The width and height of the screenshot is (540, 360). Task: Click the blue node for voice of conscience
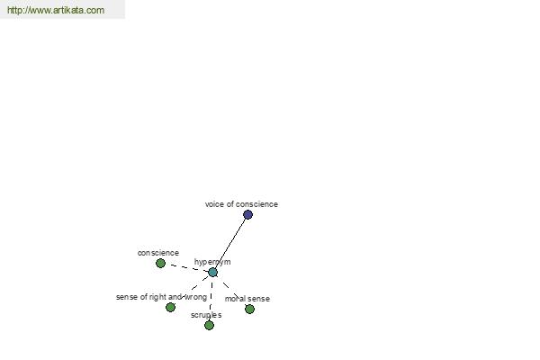[247, 214]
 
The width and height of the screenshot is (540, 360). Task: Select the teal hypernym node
[212, 273]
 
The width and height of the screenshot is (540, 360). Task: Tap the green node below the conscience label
[160, 263]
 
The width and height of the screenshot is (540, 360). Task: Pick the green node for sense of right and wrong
[170, 307]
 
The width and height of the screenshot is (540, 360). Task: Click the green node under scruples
[209, 325]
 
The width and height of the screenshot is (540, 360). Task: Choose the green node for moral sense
[249, 309]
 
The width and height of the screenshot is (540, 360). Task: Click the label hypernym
[212, 262]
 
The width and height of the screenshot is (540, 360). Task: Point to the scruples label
[206, 315]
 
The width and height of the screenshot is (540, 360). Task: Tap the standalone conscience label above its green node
[158, 253]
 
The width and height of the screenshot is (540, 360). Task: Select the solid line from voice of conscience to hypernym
[230, 244]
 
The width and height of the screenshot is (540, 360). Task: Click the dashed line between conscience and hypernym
[186, 268]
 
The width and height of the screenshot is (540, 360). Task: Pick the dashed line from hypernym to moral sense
[231, 291]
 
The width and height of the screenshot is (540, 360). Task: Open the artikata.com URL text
[56, 10]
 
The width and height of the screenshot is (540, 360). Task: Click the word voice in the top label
[214, 204]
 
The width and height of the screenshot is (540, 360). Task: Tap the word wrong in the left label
[196, 297]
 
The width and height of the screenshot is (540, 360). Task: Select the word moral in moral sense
[233, 299]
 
